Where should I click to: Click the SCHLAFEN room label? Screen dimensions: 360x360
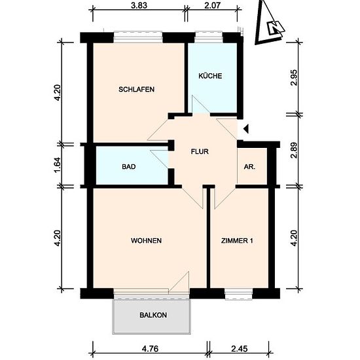(136, 89)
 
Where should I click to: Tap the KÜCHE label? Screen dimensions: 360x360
(210, 76)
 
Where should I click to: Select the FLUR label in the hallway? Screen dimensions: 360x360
(200, 152)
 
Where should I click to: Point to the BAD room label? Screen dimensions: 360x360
(129, 166)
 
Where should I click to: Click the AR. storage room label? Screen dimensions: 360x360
(249, 167)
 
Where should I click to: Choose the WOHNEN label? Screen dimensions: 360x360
(146, 241)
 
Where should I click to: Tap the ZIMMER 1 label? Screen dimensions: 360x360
(237, 241)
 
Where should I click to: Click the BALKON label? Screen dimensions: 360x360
(153, 315)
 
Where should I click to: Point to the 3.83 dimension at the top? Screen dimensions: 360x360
(139, 5)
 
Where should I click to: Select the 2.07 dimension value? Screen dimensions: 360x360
(212, 5)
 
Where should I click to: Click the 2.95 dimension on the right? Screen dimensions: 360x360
(294, 77)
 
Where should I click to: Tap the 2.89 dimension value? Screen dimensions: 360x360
(294, 151)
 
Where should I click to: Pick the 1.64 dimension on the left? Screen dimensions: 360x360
(58, 165)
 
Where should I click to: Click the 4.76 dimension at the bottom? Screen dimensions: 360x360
(150, 349)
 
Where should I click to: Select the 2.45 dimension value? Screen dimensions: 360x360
(239, 349)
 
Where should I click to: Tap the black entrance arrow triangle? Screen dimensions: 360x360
(246, 129)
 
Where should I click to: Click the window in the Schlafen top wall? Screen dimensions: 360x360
(138, 37)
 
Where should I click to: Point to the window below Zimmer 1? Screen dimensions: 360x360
(238, 294)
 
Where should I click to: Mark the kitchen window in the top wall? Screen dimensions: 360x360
(209, 37)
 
